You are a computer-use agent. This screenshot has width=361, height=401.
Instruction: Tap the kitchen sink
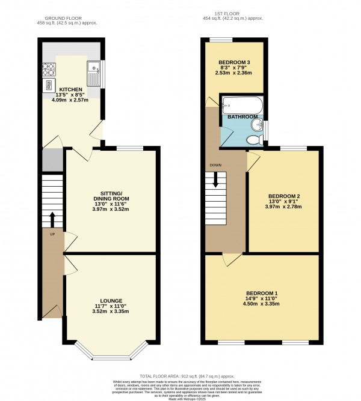click(x=93, y=73)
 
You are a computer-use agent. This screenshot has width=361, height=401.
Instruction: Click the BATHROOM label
click(x=242, y=116)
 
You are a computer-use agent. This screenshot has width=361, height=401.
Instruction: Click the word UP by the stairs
click(x=52, y=234)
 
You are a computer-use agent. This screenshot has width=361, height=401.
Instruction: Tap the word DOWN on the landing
click(x=215, y=165)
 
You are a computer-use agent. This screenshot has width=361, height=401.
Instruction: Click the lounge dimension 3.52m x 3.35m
click(x=111, y=312)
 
